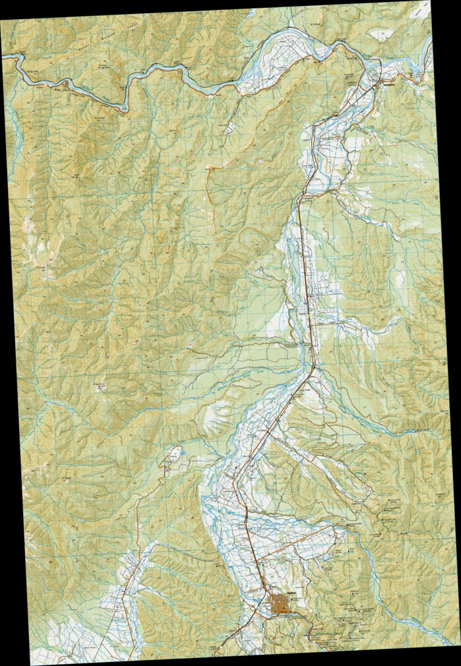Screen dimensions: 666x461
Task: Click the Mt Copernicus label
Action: click(x=99, y=384)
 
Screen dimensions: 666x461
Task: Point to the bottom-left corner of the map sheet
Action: click(x=31, y=664)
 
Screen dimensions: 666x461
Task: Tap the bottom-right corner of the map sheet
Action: click(x=460, y=643)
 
